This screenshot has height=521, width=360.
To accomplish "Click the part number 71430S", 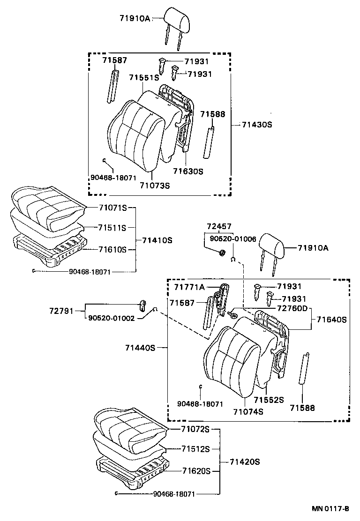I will [257, 125].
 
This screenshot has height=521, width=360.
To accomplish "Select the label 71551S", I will [144, 78].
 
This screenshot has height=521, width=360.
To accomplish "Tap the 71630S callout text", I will [187, 171].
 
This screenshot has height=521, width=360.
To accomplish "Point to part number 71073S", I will [154, 186].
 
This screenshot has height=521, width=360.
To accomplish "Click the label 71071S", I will [112, 208].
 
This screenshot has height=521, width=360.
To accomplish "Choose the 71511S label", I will [112, 228].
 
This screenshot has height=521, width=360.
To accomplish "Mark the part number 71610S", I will [112, 250].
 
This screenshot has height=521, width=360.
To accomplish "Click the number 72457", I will [218, 227].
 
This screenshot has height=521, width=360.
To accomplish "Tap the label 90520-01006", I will [233, 239].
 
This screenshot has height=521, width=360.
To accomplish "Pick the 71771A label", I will [189, 287].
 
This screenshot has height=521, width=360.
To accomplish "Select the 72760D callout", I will [292, 308].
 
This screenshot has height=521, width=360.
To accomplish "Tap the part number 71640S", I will [331, 320].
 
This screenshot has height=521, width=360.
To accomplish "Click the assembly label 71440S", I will [140, 348].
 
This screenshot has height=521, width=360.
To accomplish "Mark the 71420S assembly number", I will [245, 461].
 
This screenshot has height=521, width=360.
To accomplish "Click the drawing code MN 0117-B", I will [331, 508].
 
